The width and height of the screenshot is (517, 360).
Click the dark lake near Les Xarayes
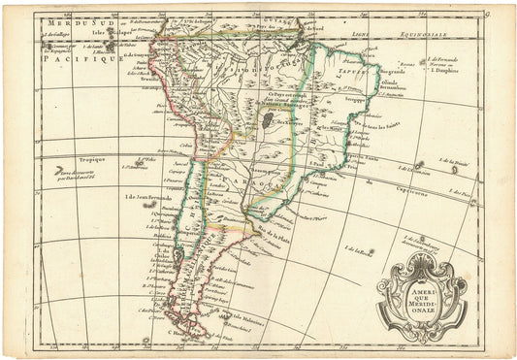[x=265, y=120]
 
